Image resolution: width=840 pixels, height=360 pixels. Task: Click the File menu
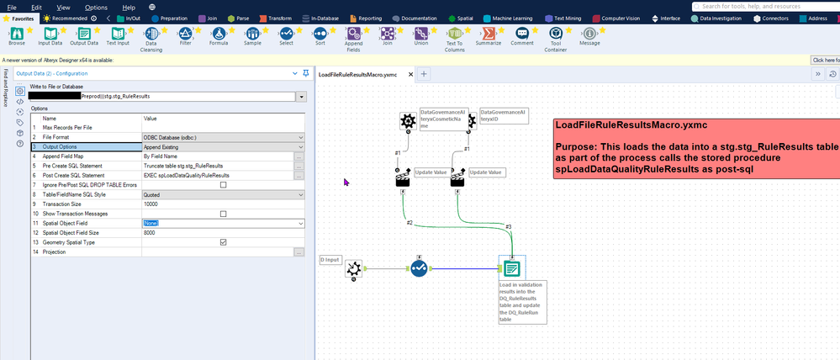pyautogui.click(x=11, y=7)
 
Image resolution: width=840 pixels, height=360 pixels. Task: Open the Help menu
pyautogui.click(x=129, y=7)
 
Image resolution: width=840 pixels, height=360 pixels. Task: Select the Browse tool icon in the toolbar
pyautogui.click(x=16, y=33)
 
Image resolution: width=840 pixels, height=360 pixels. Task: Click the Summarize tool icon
pyautogui.click(x=488, y=33)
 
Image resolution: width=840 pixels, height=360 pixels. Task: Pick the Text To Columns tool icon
pyautogui.click(x=454, y=33)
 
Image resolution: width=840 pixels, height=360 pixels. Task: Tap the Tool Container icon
pyautogui.click(x=555, y=33)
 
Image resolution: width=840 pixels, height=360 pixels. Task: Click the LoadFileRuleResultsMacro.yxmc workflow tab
pyautogui.click(x=357, y=74)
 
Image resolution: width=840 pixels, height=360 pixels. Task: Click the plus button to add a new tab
pyautogui.click(x=425, y=74)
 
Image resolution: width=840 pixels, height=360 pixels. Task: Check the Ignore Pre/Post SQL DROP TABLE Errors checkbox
pyautogui.click(x=223, y=185)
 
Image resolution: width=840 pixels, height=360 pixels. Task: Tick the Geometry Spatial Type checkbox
pyautogui.click(x=223, y=242)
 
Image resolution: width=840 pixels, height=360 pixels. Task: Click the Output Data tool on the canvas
pyautogui.click(x=511, y=268)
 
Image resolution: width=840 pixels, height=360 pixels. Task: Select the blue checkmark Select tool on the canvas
pyautogui.click(x=419, y=268)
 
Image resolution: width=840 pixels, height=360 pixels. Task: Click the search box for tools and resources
pyautogui.click(x=761, y=6)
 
